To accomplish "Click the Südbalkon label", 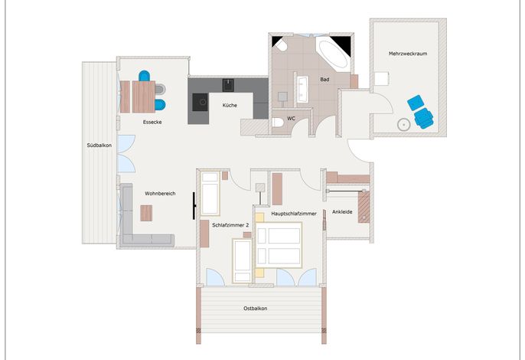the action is coord(99,145).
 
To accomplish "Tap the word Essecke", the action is coord(152,122).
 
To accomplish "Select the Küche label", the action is coord(230,105).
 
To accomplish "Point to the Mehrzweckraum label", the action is coord(408,54).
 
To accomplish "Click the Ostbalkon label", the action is coord(256,309).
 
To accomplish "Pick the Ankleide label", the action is coord(342,212).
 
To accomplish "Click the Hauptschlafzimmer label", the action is coord(294,214).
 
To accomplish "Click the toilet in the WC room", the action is coord(278,123).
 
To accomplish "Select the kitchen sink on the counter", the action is coord(228,85).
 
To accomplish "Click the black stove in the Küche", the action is coord(201,102).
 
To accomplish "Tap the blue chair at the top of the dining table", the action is coord(145,76).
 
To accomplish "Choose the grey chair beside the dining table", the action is coord(161,89).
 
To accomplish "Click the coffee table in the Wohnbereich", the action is coord(146,213).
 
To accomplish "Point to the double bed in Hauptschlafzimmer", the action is coord(279,244).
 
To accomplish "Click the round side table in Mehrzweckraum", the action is coord(404,125).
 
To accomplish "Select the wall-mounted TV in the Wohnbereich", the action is coord(194,206).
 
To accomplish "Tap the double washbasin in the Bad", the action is coord(303,89).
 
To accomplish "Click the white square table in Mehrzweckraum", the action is coord(381,79).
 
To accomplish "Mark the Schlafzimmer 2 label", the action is coord(230,225).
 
